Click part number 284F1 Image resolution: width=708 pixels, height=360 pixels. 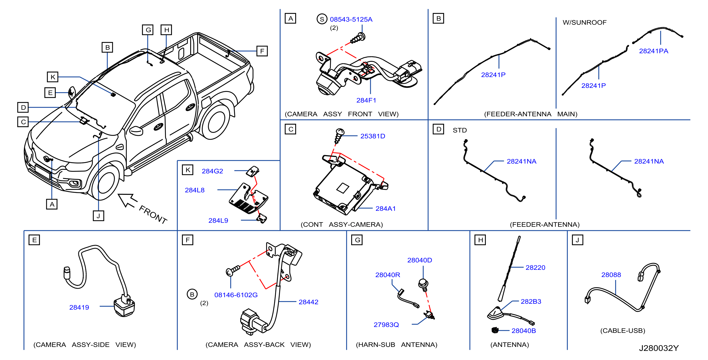pyautogui.click(x=366, y=100)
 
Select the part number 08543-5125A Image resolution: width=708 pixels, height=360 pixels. pyautogui.click(x=351, y=19)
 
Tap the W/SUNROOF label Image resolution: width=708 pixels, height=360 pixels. pyautogui.click(x=584, y=22)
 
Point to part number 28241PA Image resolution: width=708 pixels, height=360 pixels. pyautogui.click(x=653, y=51)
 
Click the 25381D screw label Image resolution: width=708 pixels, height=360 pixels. pyautogui.click(x=373, y=136)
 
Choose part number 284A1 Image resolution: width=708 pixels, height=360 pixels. pyautogui.click(x=385, y=208)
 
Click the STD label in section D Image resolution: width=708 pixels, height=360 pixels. pyautogui.click(x=460, y=130)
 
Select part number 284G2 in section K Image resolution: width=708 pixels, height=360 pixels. pyautogui.click(x=212, y=171)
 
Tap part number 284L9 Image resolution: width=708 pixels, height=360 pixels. pyautogui.click(x=218, y=221)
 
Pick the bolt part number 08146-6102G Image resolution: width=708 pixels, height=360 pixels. pyautogui.click(x=236, y=295)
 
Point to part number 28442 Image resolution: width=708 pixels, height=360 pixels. pyautogui.click(x=308, y=302)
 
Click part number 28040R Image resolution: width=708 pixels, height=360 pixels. pyautogui.click(x=388, y=275)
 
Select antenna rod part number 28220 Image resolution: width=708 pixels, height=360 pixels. pyautogui.click(x=535, y=267)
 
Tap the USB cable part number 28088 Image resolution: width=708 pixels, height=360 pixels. pyautogui.click(x=611, y=275)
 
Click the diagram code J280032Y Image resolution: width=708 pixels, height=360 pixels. pyautogui.click(x=659, y=348)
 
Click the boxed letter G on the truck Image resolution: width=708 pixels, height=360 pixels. pyautogui.click(x=148, y=30)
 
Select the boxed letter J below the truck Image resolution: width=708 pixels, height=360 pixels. pyautogui.click(x=98, y=216)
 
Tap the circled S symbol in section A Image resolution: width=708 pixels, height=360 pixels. pyautogui.click(x=322, y=19)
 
